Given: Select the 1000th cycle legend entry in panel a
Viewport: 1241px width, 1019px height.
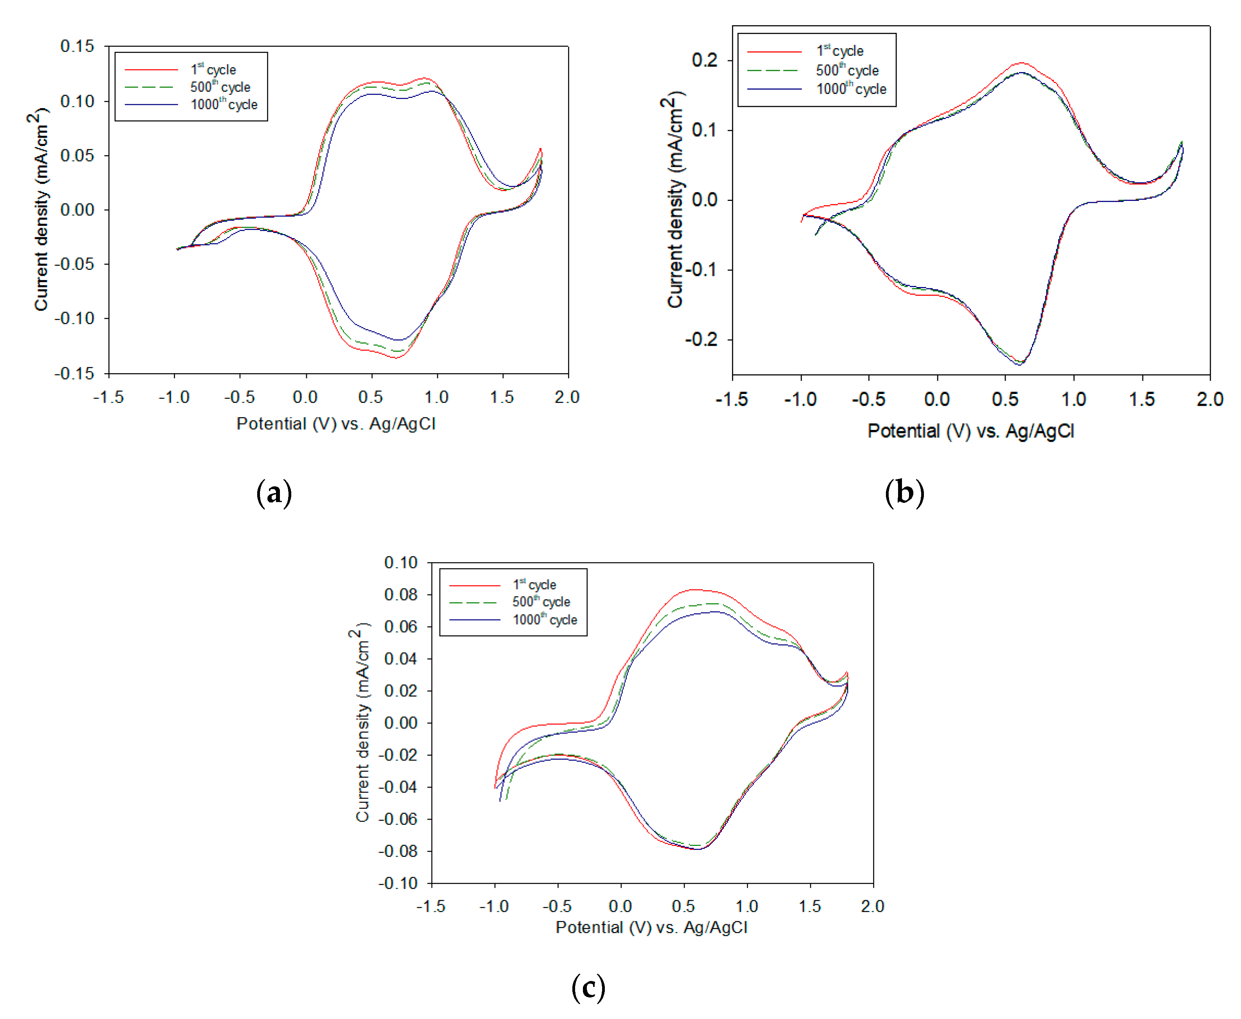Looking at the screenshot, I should tap(224, 105).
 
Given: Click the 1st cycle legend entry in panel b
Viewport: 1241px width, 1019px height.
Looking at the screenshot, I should tap(839, 51).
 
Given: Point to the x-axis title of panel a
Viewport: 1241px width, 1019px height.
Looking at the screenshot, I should tap(336, 424).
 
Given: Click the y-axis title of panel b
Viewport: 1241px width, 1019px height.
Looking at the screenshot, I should tap(675, 200).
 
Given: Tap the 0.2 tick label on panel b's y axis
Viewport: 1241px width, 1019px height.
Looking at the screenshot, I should tap(704, 60).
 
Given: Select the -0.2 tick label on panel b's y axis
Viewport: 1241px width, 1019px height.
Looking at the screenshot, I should tap(701, 339).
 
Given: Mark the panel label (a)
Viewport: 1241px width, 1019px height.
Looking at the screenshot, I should tap(274, 493).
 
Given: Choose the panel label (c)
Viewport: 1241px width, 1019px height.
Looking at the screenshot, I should tap(588, 988).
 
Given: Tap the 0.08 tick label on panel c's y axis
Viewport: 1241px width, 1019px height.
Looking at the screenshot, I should tap(401, 594).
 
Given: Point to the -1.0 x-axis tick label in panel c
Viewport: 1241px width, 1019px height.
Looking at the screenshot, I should tap(494, 906).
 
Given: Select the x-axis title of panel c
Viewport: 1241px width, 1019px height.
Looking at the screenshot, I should tap(651, 927).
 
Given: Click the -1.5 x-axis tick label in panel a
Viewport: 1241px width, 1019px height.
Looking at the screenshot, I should tap(108, 397).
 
